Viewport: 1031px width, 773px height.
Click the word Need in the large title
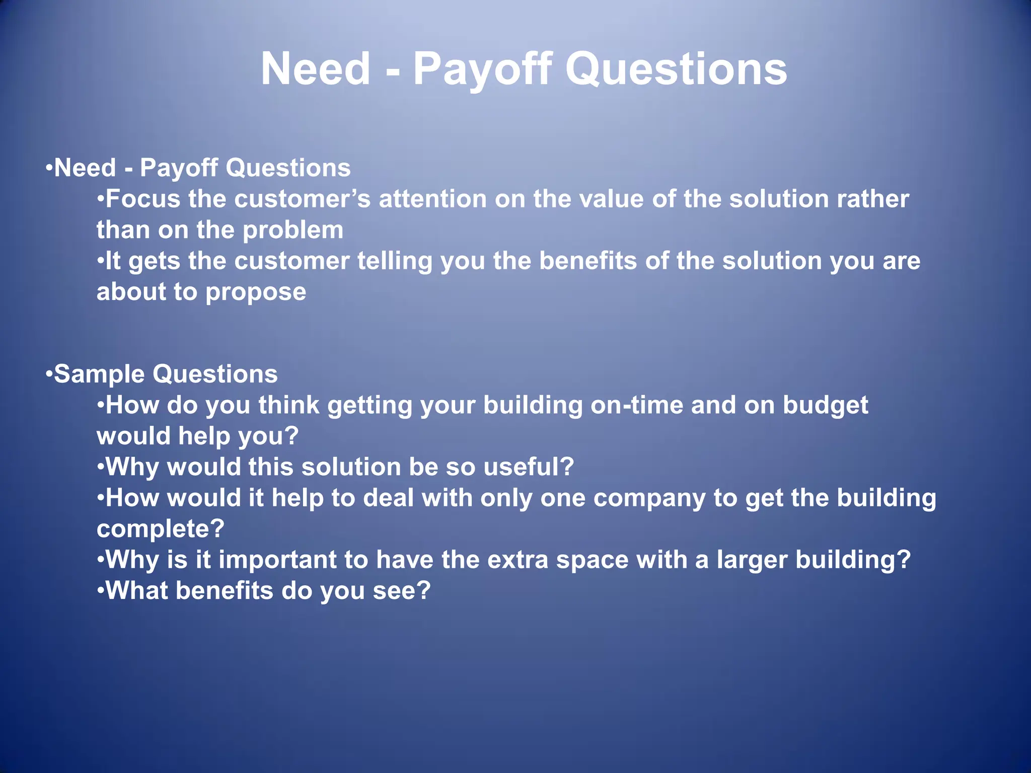pos(316,69)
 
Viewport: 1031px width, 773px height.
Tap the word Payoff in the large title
pos(482,69)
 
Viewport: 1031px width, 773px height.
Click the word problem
pos(293,230)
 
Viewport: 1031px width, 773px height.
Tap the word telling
pos(394,261)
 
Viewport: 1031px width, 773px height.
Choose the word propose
pos(256,292)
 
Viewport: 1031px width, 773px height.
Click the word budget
pos(825,405)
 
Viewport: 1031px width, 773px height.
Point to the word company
pos(649,498)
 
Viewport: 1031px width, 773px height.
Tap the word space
pos(592,560)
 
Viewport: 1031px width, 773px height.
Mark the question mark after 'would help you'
pos(291,436)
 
